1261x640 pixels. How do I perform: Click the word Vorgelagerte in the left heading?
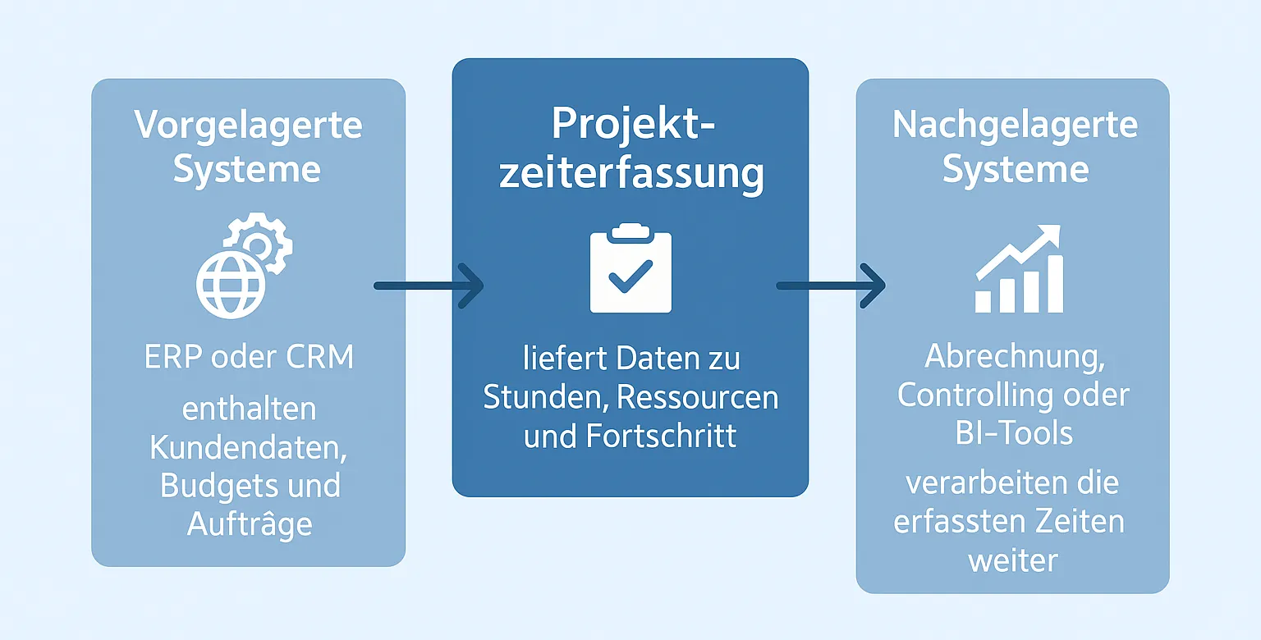[x=248, y=126]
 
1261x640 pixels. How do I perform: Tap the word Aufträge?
[x=250, y=523]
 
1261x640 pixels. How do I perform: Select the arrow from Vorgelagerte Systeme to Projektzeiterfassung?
[x=428, y=286]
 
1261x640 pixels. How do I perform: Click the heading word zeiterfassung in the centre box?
[x=630, y=174]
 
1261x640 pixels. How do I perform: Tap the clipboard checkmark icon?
[x=630, y=271]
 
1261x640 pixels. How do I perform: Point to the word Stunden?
[x=543, y=397]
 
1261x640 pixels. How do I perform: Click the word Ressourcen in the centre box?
[x=697, y=397]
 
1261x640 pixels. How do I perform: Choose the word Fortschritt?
[x=662, y=435]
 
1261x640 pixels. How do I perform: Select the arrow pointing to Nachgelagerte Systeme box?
[x=831, y=286]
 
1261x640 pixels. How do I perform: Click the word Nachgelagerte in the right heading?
[x=1015, y=126]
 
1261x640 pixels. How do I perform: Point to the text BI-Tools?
[x=1014, y=432]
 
